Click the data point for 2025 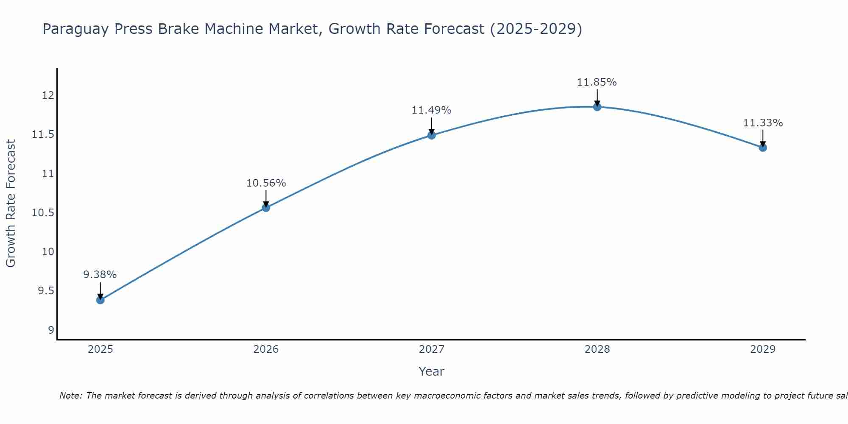pyautogui.click(x=100, y=300)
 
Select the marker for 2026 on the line pyautogui.click(x=266, y=207)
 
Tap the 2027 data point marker pyautogui.click(x=431, y=135)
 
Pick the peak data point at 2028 pyautogui.click(x=597, y=107)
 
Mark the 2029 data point pyautogui.click(x=762, y=148)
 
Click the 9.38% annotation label pyautogui.click(x=100, y=275)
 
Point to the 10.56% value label pyautogui.click(x=266, y=183)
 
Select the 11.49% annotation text pyautogui.click(x=431, y=110)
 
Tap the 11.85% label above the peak pyautogui.click(x=597, y=82)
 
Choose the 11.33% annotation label pyautogui.click(x=762, y=123)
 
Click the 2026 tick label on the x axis pyautogui.click(x=266, y=349)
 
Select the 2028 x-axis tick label pyautogui.click(x=597, y=349)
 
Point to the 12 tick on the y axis pyautogui.click(x=48, y=95)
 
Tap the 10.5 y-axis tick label pyautogui.click(x=43, y=213)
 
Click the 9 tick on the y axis pyautogui.click(x=51, y=330)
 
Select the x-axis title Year pyautogui.click(x=431, y=371)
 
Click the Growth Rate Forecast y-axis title pyautogui.click(x=11, y=203)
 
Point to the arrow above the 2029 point pyautogui.click(x=762, y=137)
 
